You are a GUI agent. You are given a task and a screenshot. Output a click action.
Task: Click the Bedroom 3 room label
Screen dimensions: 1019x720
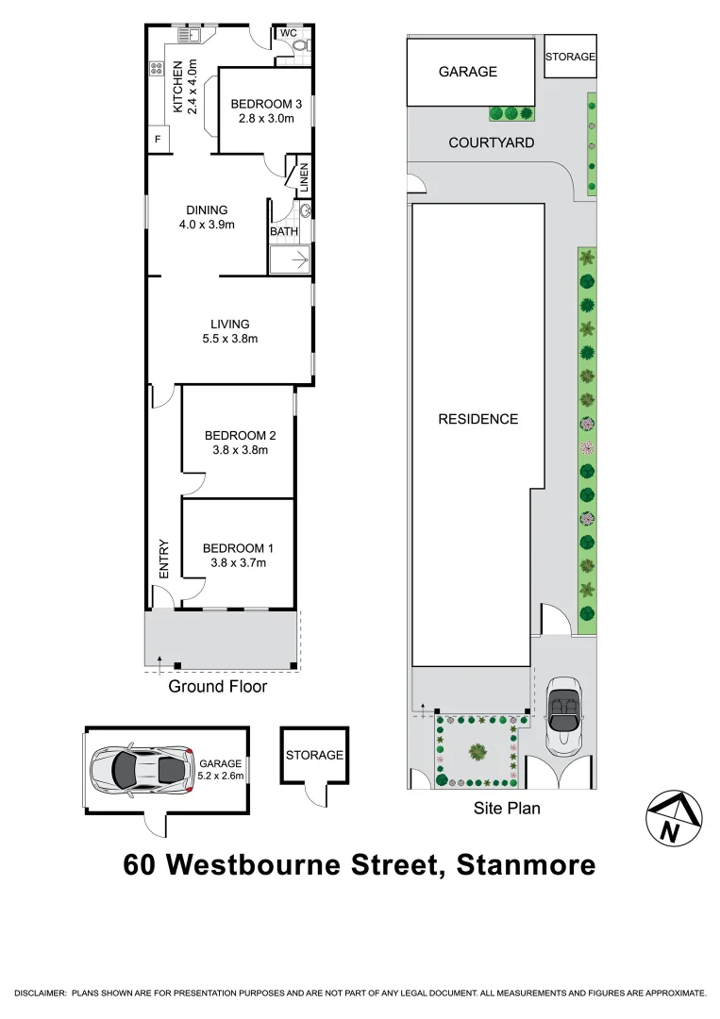point(266,104)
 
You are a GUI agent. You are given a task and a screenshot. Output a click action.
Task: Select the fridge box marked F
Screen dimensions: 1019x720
point(157,141)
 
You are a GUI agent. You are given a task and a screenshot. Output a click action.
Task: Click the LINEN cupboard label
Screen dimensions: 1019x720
point(304,176)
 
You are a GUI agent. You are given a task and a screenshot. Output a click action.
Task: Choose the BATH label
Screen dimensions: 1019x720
point(284,231)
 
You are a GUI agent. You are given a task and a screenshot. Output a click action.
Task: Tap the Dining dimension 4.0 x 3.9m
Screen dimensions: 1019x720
point(207,225)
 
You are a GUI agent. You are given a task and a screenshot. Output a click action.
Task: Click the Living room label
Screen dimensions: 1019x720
point(230,324)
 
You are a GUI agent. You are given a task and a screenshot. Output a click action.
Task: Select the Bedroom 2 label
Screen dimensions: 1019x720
point(240,436)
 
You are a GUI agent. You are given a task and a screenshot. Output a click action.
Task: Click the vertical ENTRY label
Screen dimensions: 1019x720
point(164,559)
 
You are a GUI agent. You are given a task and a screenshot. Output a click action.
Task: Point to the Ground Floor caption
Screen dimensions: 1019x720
point(217,687)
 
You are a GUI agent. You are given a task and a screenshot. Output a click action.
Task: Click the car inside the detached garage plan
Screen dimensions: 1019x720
point(140,769)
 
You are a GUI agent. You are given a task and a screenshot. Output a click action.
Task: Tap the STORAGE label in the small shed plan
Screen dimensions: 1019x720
point(314,755)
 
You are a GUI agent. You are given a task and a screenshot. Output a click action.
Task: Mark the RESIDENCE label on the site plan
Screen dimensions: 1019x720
point(478,419)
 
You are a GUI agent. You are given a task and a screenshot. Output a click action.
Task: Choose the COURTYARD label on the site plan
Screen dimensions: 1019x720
point(492,142)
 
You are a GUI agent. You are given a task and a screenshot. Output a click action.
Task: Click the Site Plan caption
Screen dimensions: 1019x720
point(507,809)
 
